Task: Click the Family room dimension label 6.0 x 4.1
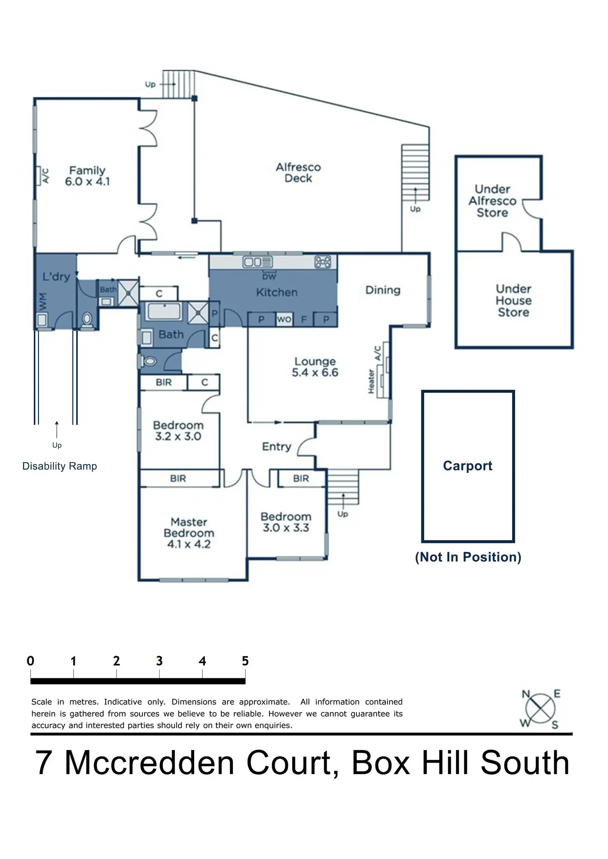(87, 182)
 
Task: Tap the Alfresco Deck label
(298, 173)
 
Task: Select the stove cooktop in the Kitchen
(323, 262)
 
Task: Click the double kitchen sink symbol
(257, 262)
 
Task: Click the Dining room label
(383, 290)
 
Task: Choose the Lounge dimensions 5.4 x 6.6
(315, 373)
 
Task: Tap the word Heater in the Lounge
(371, 381)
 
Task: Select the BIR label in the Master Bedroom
(178, 479)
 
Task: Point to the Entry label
(277, 446)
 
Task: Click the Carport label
(468, 466)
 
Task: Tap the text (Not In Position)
(468, 557)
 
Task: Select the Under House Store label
(513, 300)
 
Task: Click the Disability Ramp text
(59, 466)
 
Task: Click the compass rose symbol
(540, 709)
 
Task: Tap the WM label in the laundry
(43, 302)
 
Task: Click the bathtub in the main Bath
(165, 311)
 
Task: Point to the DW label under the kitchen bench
(269, 276)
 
